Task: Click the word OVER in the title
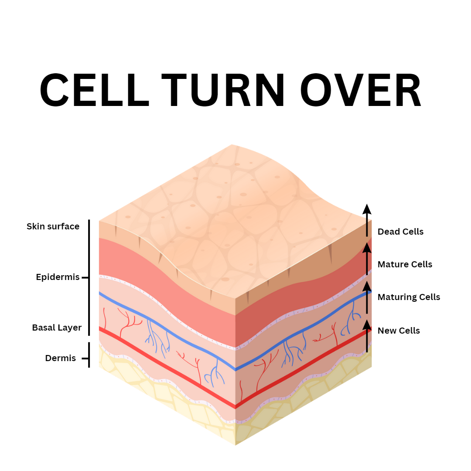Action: point(361,91)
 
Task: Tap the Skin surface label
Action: point(53,226)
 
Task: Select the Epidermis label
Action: point(58,277)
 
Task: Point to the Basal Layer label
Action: point(57,328)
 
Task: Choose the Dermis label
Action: point(60,358)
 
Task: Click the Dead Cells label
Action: point(400,232)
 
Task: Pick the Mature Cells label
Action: point(405,264)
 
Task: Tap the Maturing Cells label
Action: point(409,297)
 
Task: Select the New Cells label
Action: point(399,331)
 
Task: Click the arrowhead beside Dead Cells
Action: point(367,208)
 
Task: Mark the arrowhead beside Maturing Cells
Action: point(367,286)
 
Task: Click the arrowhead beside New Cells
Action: point(367,324)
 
